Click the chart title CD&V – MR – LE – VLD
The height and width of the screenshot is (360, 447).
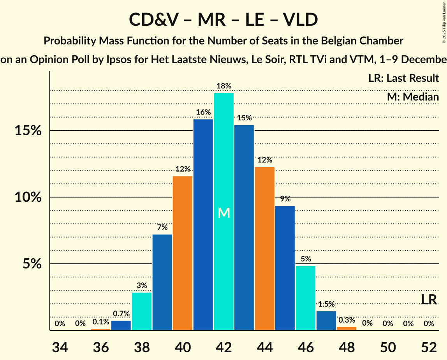coord(223,19)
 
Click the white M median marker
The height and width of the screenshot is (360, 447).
coord(223,213)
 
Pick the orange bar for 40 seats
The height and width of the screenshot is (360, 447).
coord(183,253)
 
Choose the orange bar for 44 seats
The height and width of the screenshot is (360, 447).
coord(264,249)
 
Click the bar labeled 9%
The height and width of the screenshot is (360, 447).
coord(285,268)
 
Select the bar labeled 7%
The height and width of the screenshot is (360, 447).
coord(162,282)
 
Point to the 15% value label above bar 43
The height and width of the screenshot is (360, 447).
coord(244,118)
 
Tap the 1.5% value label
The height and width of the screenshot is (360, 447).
coord(326,304)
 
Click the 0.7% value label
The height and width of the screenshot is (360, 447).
coord(121,314)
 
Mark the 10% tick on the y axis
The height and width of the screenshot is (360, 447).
coord(28,197)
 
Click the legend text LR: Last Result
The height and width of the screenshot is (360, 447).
coord(403,78)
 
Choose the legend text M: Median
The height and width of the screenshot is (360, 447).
coord(413,97)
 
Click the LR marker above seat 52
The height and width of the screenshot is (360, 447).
coord(429,300)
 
